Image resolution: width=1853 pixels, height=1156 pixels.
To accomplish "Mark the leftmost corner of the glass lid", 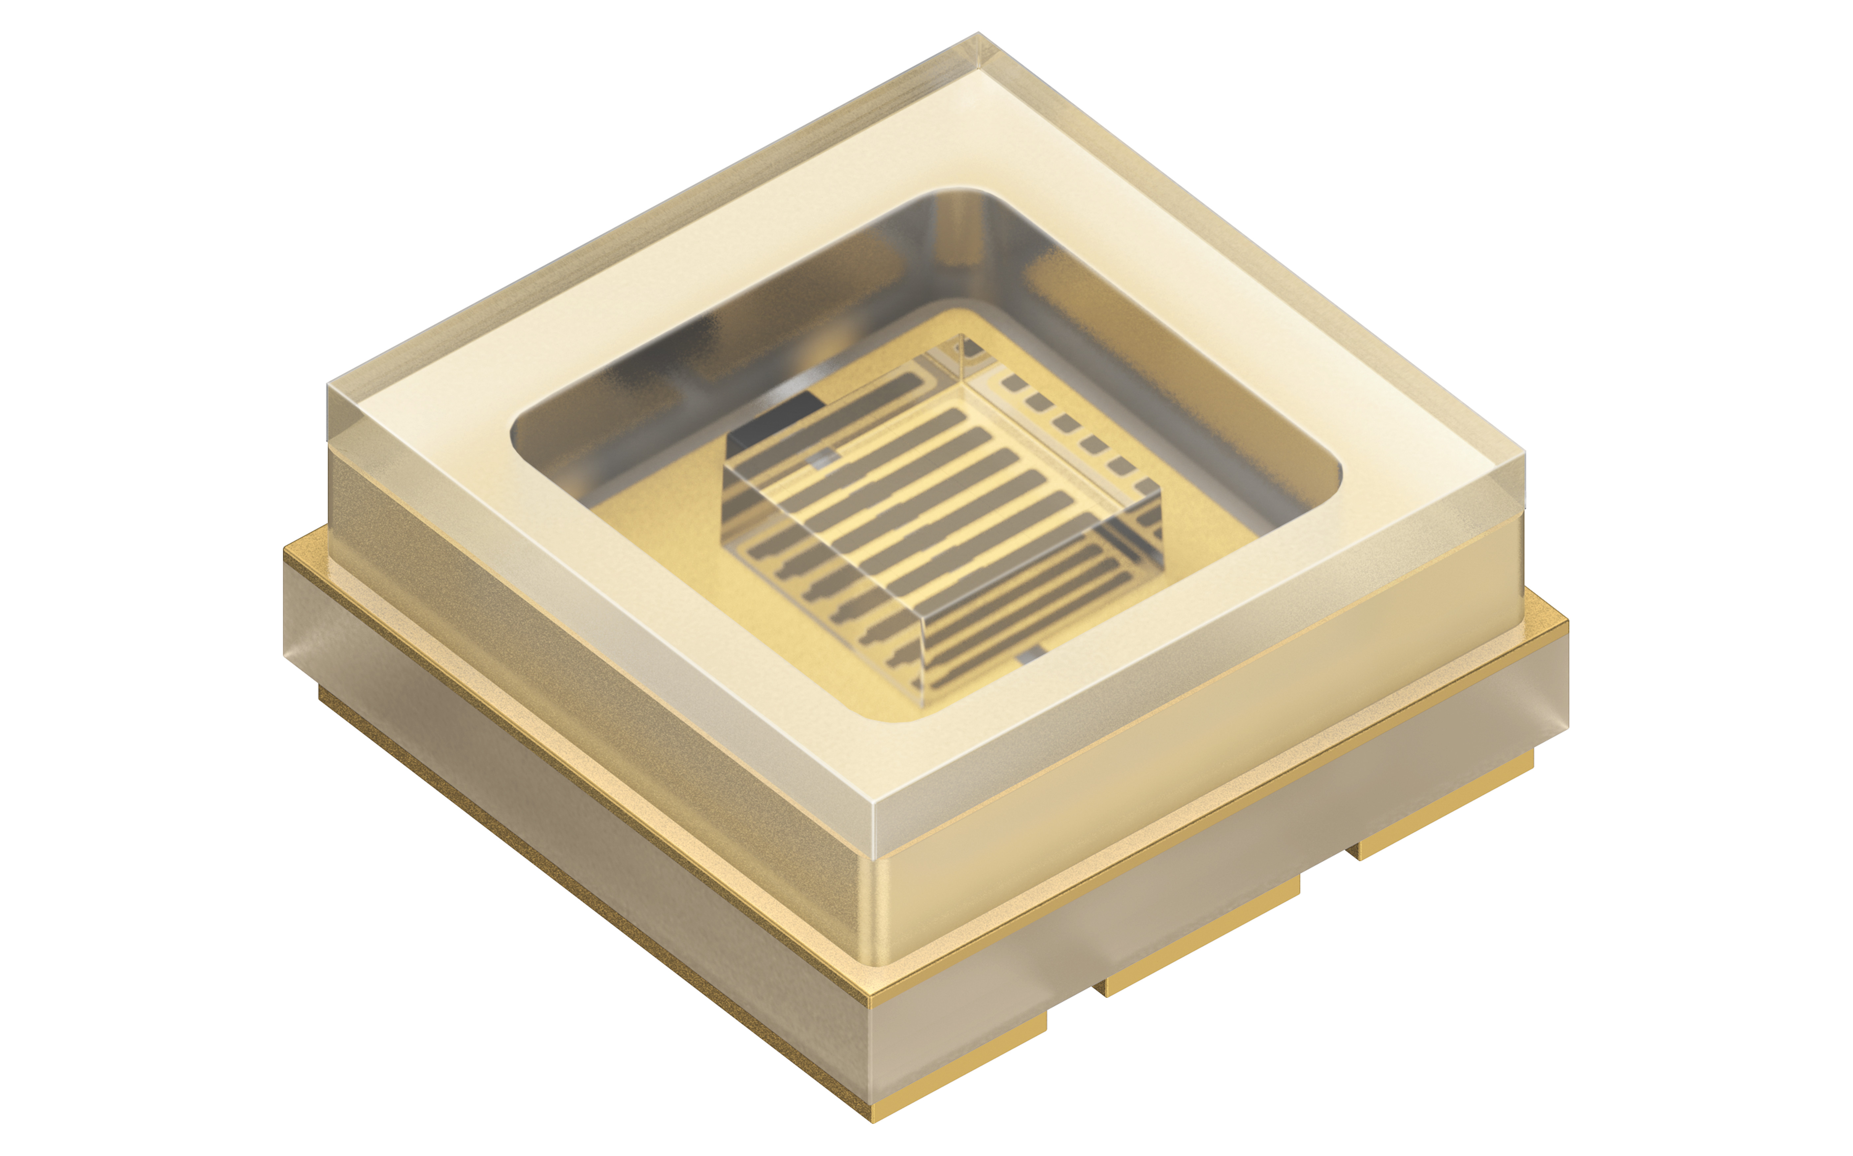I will click(329, 384).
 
